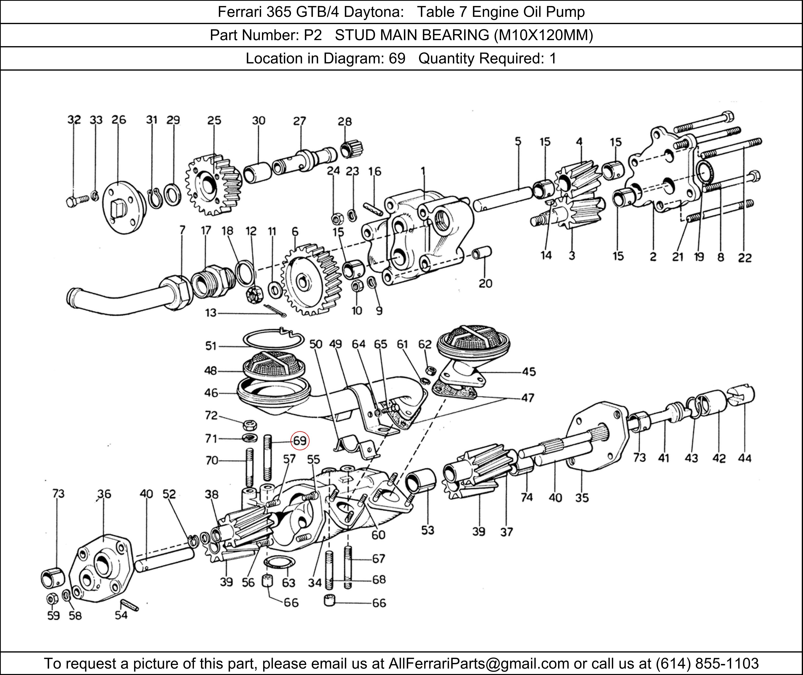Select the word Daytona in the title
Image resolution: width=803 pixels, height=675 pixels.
click(x=373, y=12)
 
